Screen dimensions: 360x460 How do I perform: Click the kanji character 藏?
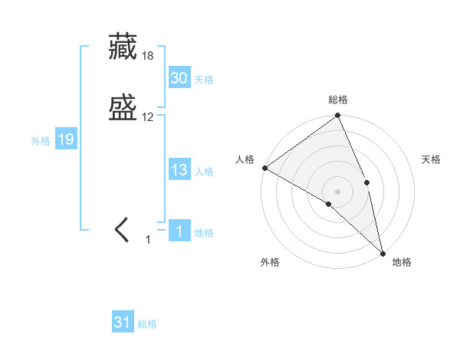tap(124, 47)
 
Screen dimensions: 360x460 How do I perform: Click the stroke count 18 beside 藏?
tap(148, 56)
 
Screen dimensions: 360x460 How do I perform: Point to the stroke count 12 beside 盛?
tap(148, 117)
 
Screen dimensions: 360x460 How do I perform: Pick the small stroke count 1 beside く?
tap(148, 240)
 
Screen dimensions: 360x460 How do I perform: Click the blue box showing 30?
tap(179, 78)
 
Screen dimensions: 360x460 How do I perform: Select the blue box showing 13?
tap(179, 170)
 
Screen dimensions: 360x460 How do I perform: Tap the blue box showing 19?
tap(66, 139)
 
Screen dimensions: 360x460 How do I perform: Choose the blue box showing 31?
tap(123, 322)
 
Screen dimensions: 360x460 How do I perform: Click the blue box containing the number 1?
tap(179, 231)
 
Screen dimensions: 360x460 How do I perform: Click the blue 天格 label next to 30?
tap(204, 80)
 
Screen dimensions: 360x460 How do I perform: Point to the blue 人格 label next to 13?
tap(204, 172)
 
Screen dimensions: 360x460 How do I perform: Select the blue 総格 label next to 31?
tap(147, 324)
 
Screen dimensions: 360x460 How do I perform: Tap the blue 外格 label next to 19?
tap(41, 141)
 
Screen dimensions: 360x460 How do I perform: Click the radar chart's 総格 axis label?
tap(338, 100)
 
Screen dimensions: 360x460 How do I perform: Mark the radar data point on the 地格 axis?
tap(382, 251)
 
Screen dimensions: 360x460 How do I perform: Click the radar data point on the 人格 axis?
tap(264, 168)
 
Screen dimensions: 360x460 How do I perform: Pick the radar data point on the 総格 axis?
tap(338, 116)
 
